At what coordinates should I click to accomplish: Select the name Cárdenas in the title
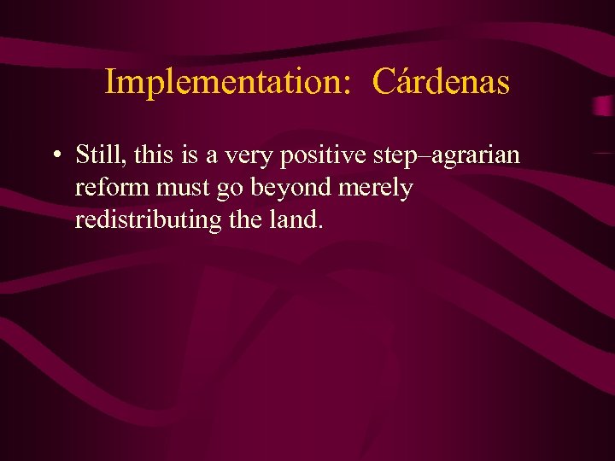(x=442, y=83)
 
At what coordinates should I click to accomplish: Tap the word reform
(x=112, y=188)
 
